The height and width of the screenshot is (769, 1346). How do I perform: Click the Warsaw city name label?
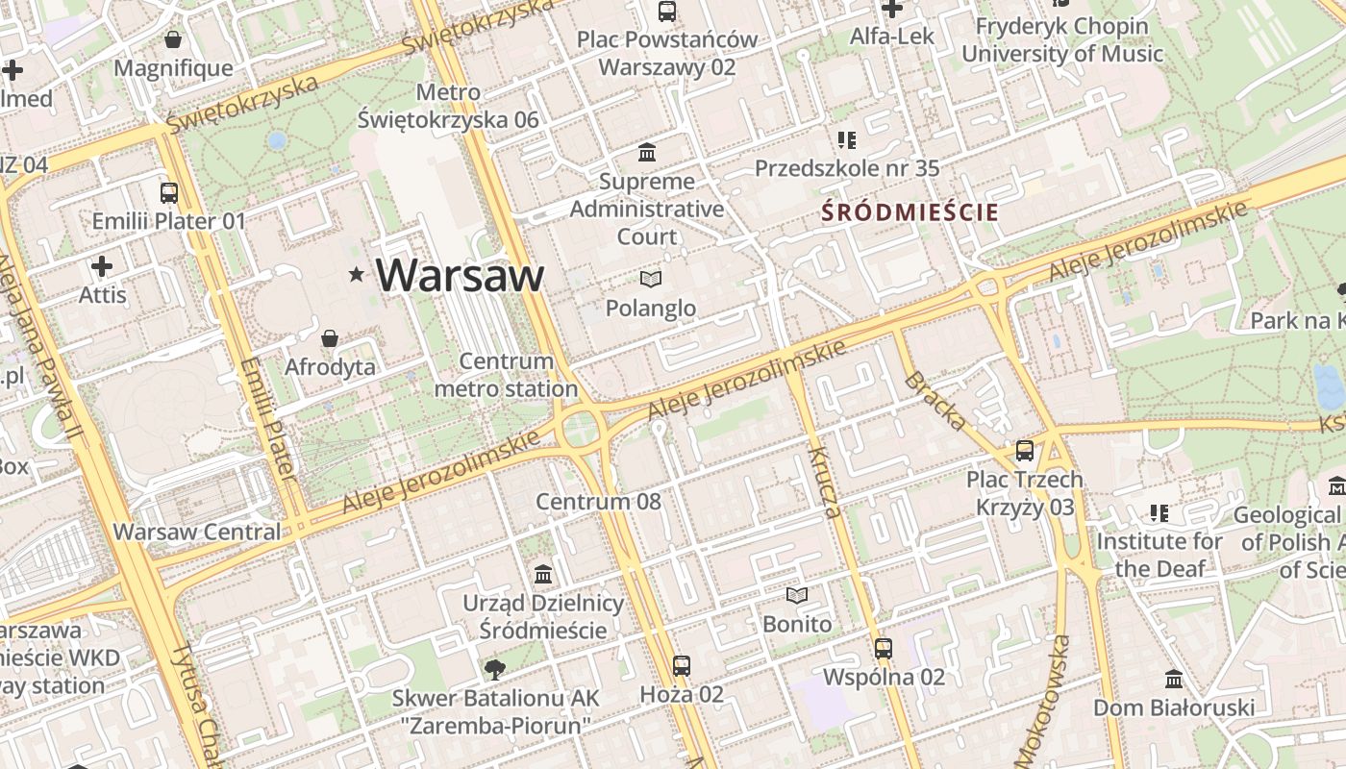[x=461, y=275]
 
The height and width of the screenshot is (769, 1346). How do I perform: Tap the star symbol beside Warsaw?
[x=357, y=275]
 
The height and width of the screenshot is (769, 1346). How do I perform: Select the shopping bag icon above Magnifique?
[x=173, y=39]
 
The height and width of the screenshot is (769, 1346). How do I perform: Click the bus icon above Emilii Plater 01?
[x=169, y=192]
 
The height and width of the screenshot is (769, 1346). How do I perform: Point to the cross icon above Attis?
[x=102, y=266]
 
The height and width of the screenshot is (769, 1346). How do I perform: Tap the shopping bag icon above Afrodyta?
[x=330, y=338]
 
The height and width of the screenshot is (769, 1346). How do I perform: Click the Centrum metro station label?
[x=506, y=375]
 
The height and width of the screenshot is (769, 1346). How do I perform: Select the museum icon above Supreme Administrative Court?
[x=647, y=153]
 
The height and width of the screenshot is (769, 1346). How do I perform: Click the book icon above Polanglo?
[x=651, y=280]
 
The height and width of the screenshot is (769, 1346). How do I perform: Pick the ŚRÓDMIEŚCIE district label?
[x=910, y=212]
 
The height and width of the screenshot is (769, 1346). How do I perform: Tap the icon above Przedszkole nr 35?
[x=846, y=140]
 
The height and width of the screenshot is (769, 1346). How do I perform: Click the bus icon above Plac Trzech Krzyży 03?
[x=1025, y=451]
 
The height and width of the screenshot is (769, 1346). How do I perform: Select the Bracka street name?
[x=935, y=400]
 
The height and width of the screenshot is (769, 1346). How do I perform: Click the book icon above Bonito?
[x=797, y=596]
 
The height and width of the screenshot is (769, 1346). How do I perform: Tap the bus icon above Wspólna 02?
[x=884, y=649]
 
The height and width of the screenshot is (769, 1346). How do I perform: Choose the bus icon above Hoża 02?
[x=682, y=665]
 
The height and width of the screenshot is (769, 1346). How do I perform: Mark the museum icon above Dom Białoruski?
[x=1173, y=680]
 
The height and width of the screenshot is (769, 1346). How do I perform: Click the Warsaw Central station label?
[x=197, y=532]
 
